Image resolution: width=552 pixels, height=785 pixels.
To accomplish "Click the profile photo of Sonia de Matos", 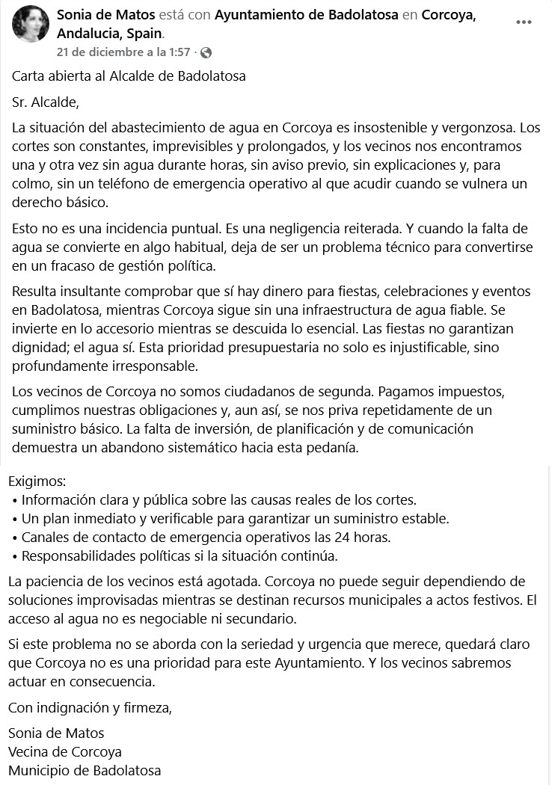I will [31, 24].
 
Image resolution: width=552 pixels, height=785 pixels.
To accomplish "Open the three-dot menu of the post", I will [524, 22].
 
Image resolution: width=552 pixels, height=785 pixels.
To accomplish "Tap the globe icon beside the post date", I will [206, 52].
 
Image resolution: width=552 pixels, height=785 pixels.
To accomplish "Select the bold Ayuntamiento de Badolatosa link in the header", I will [307, 15].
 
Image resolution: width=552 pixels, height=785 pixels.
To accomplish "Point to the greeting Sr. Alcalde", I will [45, 102].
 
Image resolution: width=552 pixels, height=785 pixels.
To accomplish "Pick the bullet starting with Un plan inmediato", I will [235, 519].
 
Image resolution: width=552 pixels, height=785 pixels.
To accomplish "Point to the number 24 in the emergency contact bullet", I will [323, 538].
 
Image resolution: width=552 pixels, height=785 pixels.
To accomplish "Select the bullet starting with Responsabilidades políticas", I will [180, 556].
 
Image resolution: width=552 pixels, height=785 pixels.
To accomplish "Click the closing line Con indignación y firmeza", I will [90, 707].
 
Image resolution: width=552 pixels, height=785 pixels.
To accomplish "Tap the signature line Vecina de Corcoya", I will [65, 752].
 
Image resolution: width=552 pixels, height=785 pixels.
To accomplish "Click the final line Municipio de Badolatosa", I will [85, 771].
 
